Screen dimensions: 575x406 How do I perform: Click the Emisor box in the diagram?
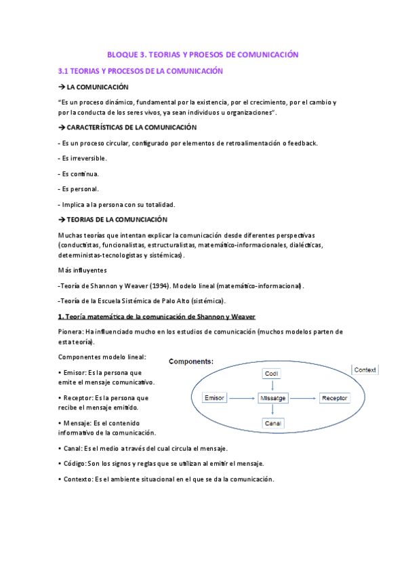214,398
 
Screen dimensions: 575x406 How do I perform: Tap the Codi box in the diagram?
272,374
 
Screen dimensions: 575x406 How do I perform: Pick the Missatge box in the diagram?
272,398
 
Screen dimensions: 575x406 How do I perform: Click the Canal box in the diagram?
272,424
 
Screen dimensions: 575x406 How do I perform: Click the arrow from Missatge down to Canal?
272,411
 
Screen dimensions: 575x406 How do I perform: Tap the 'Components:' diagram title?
191,362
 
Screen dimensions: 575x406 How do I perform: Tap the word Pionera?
70,332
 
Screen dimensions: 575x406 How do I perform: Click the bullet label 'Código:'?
74,463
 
